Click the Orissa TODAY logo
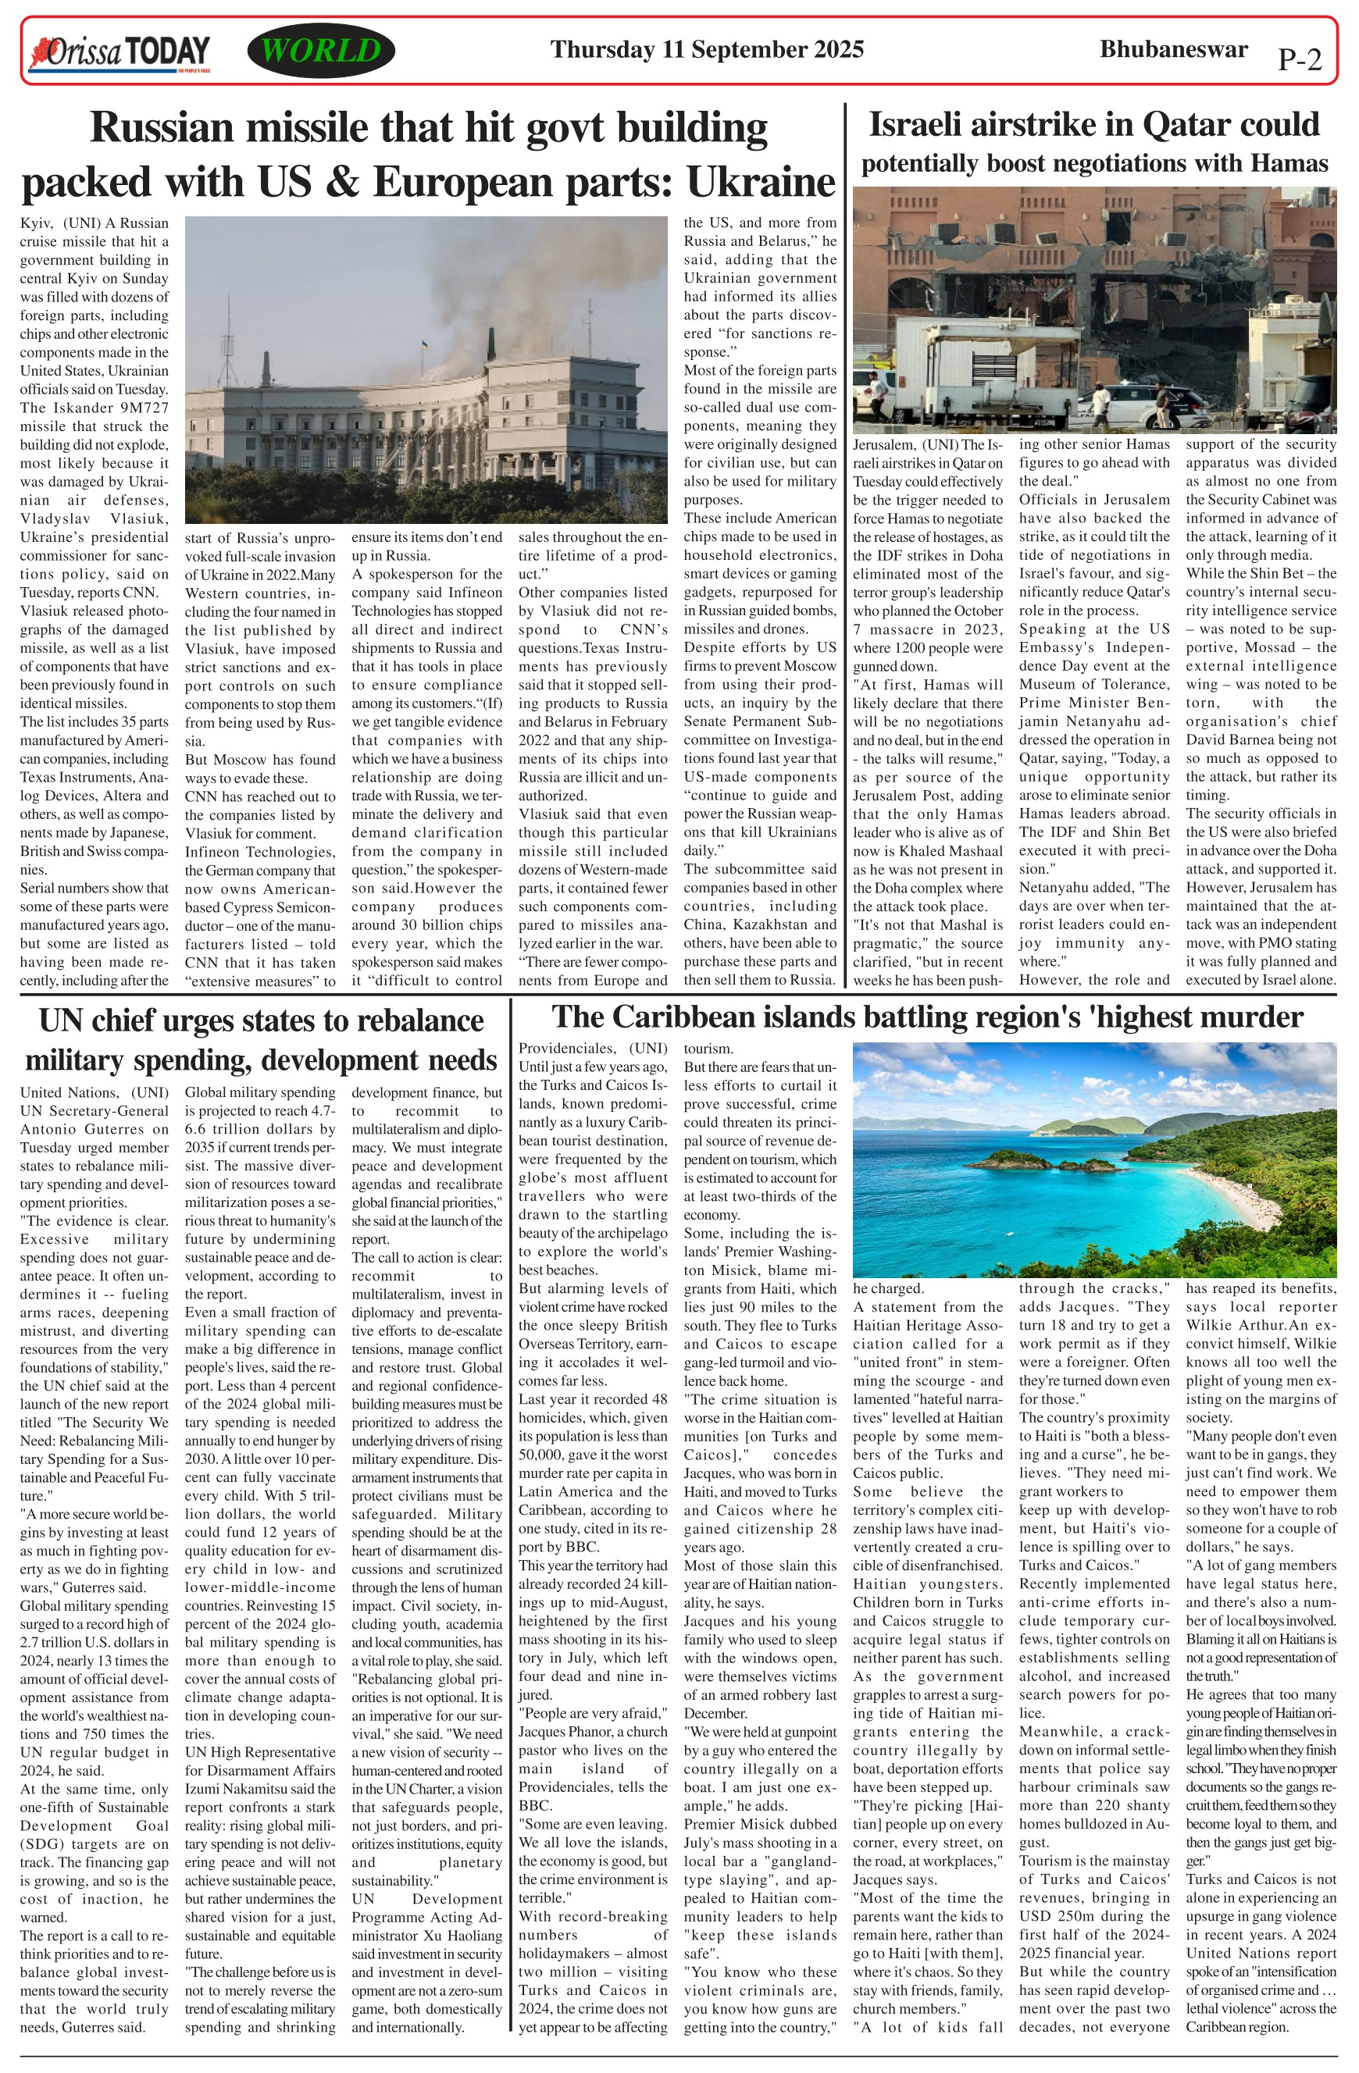click(x=119, y=52)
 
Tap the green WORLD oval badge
click(x=320, y=51)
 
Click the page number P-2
click(x=1299, y=59)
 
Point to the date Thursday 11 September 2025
click(x=707, y=50)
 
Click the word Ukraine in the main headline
click(x=761, y=182)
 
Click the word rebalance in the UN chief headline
click(x=415, y=1020)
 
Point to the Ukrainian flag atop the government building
click(x=424, y=346)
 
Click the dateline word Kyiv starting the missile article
click(x=35, y=223)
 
